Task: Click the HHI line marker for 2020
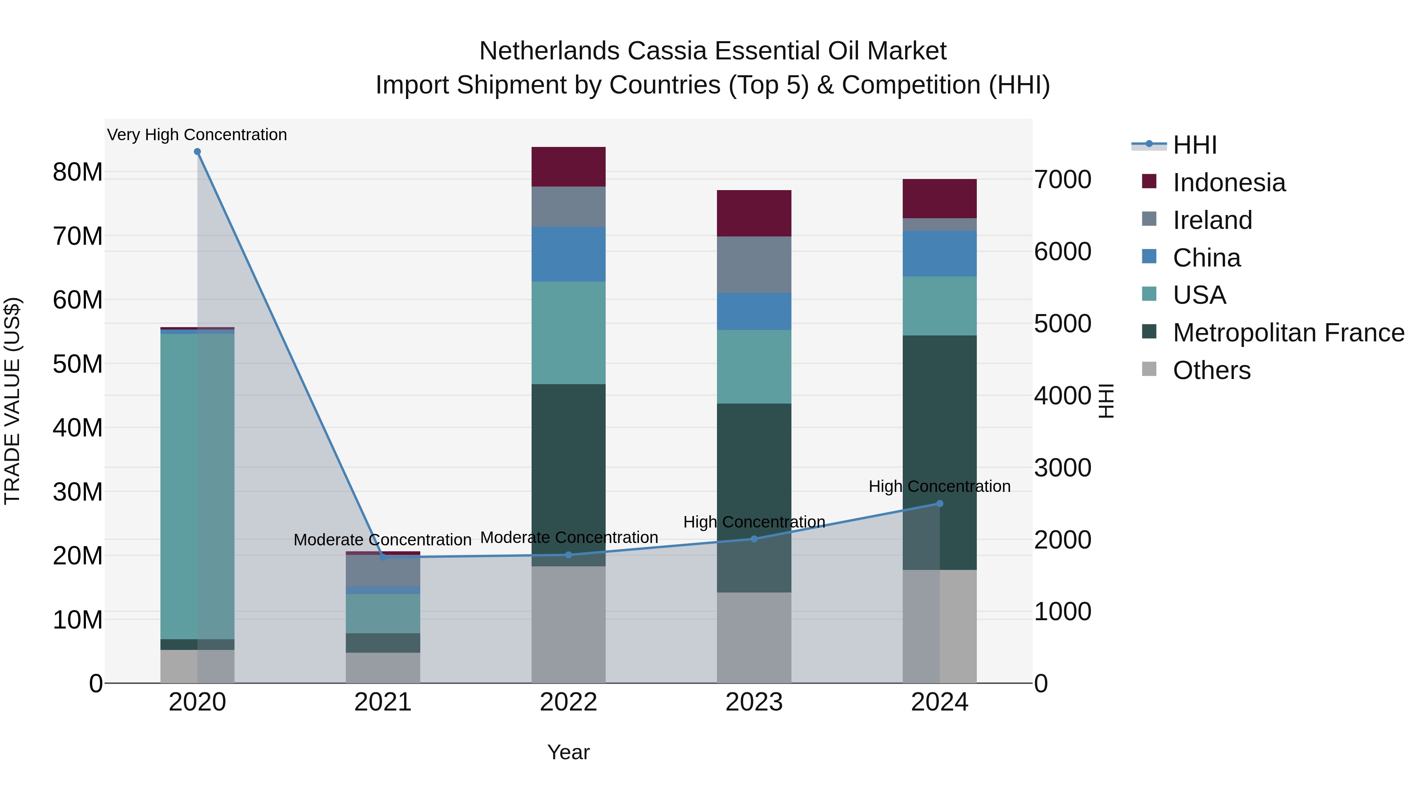click(x=197, y=152)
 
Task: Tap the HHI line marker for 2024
click(x=940, y=504)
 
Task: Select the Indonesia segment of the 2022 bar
click(x=568, y=167)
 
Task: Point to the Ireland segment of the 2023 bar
click(x=754, y=265)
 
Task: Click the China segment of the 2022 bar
click(x=568, y=254)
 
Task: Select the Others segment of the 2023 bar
click(x=754, y=638)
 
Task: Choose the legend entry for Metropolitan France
click(x=1288, y=333)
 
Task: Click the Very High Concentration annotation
click(x=197, y=135)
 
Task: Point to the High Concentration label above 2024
click(x=940, y=486)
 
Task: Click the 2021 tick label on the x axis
click(x=383, y=702)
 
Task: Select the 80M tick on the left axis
click(x=78, y=172)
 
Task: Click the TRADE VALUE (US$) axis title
click(x=12, y=401)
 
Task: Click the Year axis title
click(x=568, y=752)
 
